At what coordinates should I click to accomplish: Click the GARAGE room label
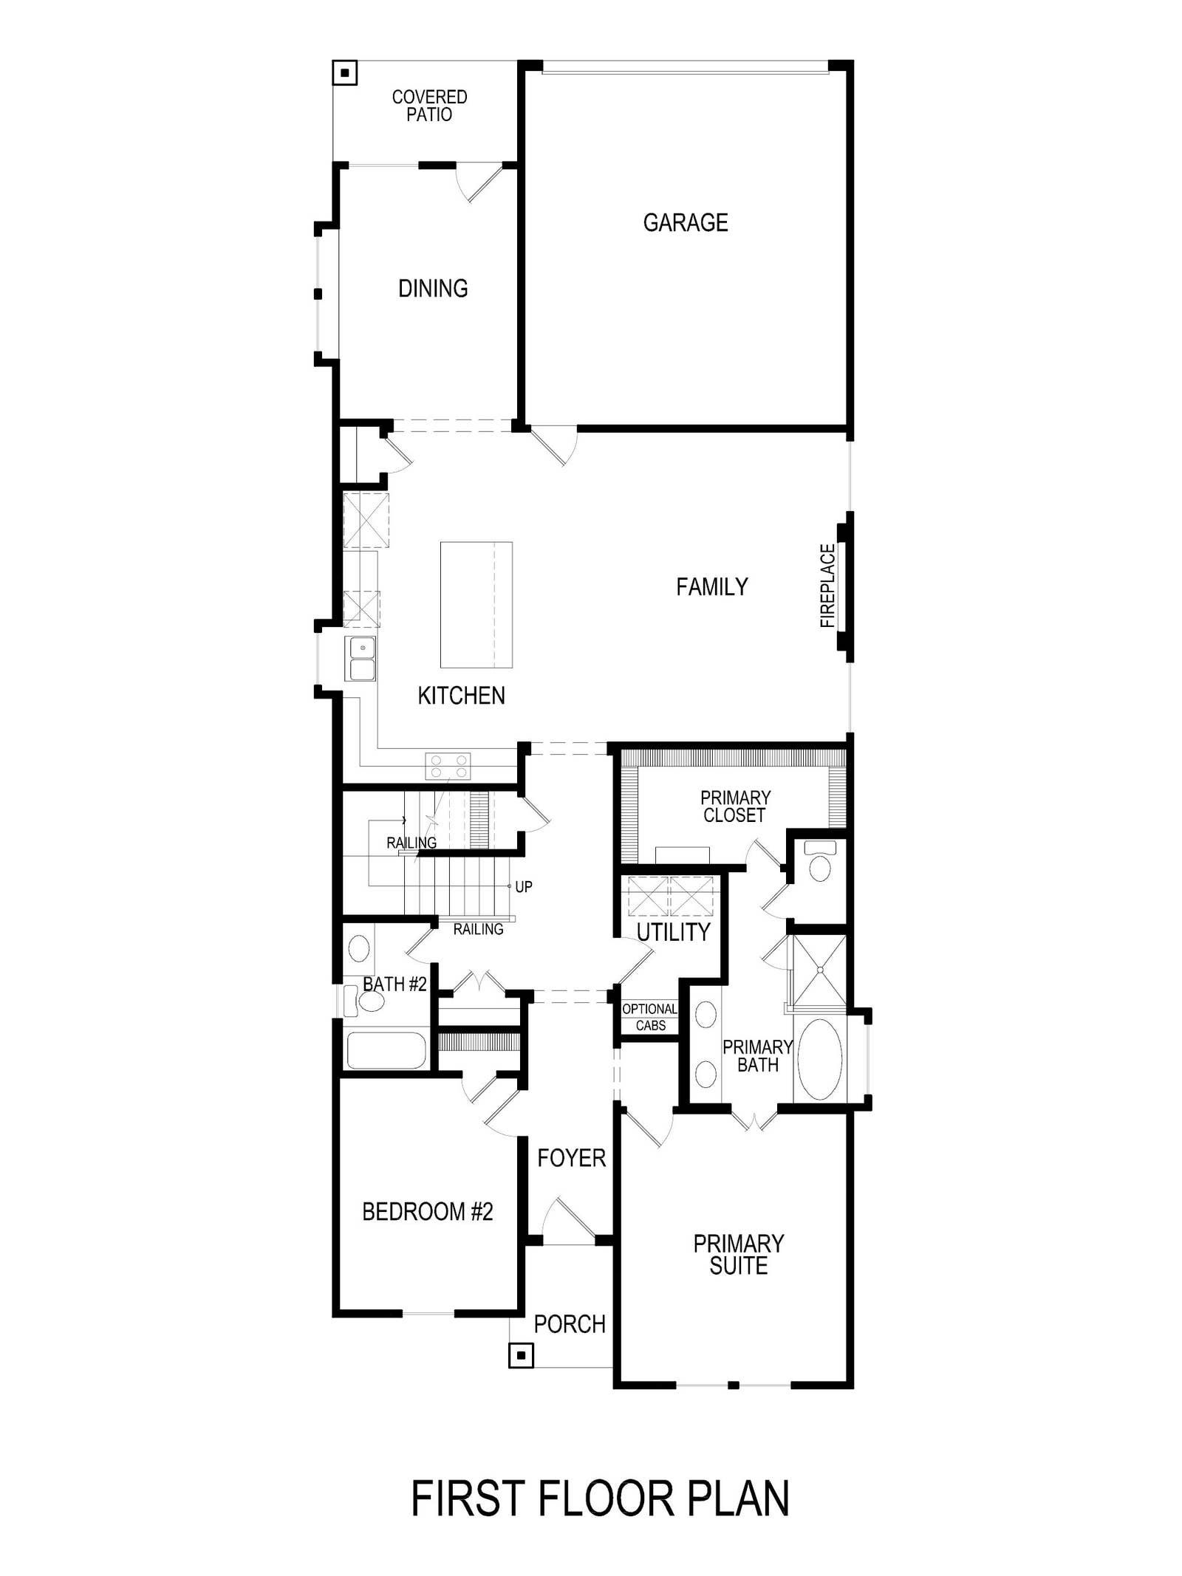tap(686, 222)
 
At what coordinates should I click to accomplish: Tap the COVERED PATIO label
tap(429, 106)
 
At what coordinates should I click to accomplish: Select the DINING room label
tap(433, 288)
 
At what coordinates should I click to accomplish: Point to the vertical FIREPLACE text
tap(827, 586)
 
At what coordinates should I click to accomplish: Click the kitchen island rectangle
tap(476, 605)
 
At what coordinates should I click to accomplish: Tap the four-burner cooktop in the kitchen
tap(448, 765)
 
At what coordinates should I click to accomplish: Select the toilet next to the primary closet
tap(819, 862)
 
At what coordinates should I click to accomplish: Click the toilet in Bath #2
tap(366, 1001)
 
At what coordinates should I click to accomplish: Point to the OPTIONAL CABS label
tap(650, 1017)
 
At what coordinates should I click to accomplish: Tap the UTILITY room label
tap(673, 932)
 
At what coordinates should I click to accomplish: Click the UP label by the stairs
tap(524, 886)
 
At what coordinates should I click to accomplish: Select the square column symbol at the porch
tap(522, 1355)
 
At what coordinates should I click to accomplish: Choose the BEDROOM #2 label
tap(427, 1212)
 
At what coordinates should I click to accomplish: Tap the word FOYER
tap(572, 1158)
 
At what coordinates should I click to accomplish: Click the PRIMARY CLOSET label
tap(735, 806)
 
